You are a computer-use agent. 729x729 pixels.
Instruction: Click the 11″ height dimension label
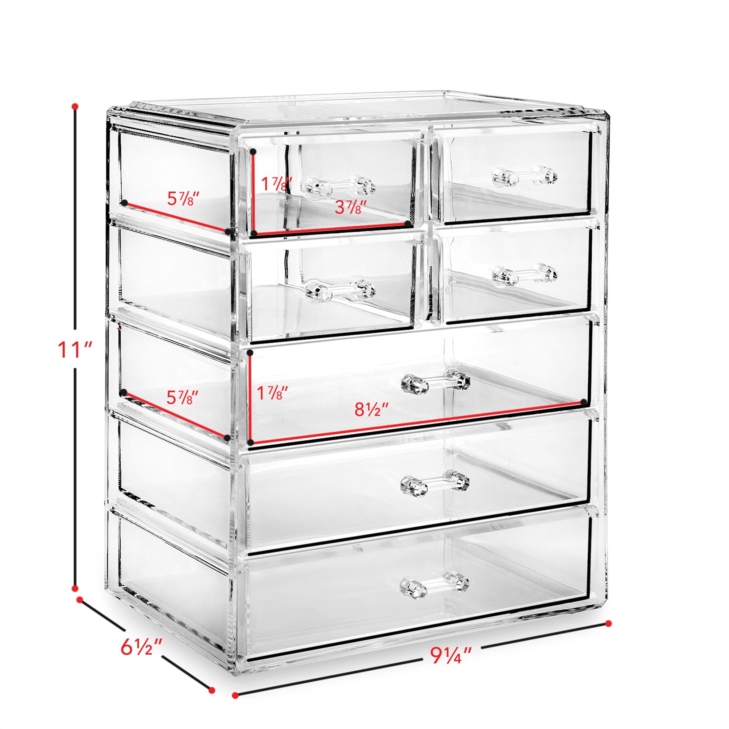point(75,350)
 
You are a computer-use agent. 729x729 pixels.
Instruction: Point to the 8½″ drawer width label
point(372,409)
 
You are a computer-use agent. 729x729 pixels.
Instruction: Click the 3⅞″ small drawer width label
point(351,207)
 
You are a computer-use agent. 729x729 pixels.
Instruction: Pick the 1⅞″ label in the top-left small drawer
point(277,184)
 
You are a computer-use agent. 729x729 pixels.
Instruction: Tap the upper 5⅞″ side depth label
point(183,199)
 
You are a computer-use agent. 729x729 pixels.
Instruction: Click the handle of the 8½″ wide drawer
point(435,383)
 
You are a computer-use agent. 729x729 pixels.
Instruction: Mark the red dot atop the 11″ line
point(75,106)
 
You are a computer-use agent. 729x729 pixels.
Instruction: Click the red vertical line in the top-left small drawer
point(254,192)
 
